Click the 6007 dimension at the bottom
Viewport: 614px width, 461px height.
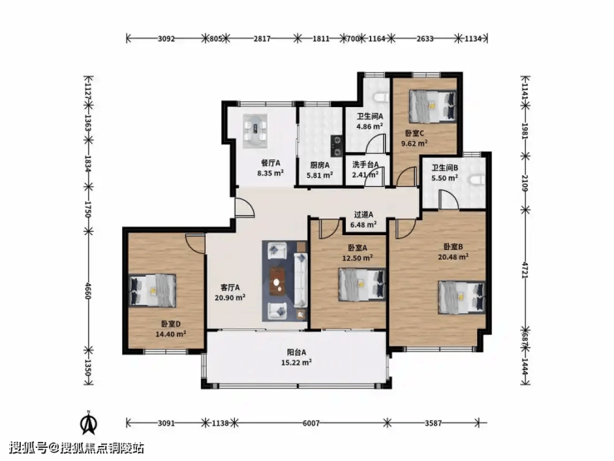(x=311, y=424)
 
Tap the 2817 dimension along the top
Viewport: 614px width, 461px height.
(x=262, y=39)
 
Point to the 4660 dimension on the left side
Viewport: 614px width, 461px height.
(x=88, y=291)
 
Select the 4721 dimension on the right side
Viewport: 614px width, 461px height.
(x=525, y=270)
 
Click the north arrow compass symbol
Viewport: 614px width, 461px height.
(x=89, y=423)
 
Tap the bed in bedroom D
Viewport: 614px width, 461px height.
(x=153, y=290)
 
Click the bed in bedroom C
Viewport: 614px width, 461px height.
(x=432, y=106)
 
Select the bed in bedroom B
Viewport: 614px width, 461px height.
(x=462, y=297)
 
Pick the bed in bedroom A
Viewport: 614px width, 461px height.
(x=363, y=284)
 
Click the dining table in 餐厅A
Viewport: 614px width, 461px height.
(x=255, y=131)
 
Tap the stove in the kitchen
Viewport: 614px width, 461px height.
(x=336, y=145)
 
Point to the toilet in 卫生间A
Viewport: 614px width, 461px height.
(x=381, y=98)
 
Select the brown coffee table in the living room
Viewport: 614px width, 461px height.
(x=278, y=281)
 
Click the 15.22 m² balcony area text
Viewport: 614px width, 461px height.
(x=296, y=363)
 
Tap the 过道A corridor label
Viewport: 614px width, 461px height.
(x=363, y=215)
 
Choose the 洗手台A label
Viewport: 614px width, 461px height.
(x=365, y=164)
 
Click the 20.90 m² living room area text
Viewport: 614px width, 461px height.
(x=230, y=297)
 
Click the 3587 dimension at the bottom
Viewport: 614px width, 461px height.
(x=433, y=424)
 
